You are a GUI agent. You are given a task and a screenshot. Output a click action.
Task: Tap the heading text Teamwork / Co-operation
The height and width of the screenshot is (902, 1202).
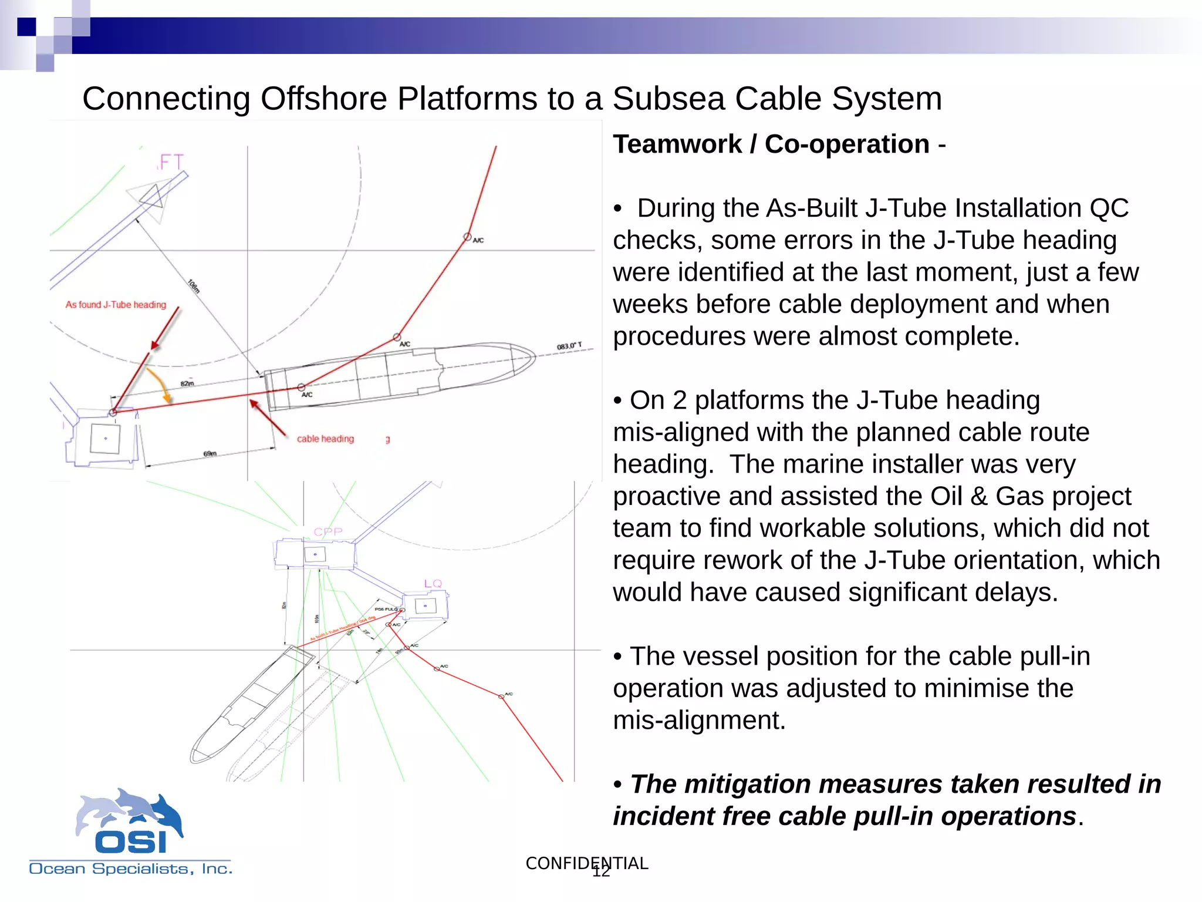(771, 144)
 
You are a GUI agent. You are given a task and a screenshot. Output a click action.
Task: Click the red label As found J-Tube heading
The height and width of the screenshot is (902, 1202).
(116, 305)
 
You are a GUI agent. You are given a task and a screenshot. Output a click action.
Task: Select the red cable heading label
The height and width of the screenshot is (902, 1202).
(325, 439)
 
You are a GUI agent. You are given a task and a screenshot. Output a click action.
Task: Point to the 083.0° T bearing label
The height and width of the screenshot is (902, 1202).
(569, 346)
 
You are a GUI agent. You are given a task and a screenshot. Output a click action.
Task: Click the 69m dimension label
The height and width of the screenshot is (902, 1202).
(210, 453)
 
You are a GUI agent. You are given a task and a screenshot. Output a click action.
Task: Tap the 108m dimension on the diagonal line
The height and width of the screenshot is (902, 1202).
(194, 286)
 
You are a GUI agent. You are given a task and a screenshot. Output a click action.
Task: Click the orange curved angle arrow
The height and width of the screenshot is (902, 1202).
(160, 385)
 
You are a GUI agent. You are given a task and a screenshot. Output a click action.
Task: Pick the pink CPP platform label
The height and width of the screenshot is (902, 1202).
(327, 532)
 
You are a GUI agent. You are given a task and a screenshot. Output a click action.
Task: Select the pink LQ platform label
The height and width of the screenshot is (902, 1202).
(433, 584)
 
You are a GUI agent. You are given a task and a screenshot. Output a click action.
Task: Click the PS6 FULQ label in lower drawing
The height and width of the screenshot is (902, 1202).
(386, 610)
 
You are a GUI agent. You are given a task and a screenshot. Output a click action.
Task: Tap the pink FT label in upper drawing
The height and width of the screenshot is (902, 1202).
(171, 162)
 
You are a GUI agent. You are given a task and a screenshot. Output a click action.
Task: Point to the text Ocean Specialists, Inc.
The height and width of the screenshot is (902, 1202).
(130, 869)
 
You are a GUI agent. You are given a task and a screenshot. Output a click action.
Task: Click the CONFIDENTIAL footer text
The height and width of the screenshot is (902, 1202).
(586, 863)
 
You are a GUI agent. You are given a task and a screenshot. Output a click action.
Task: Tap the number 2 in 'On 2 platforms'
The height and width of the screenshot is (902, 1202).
(680, 400)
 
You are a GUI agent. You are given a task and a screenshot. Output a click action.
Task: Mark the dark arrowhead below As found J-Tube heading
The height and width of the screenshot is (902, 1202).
(155, 345)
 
